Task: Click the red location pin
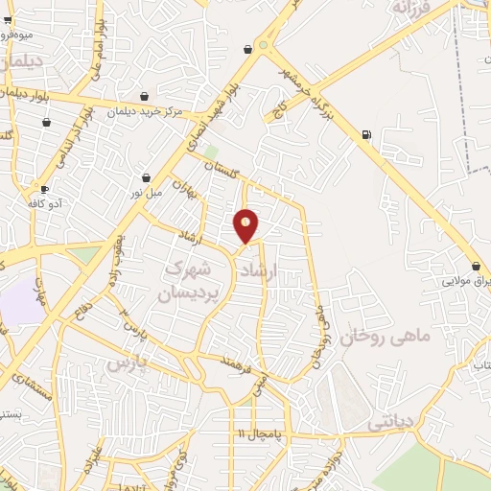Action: click(x=246, y=224)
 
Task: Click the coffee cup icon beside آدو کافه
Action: click(x=45, y=189)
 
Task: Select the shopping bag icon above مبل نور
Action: click(x=146, y=177)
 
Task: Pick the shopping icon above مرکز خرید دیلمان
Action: click(x=144, y=96)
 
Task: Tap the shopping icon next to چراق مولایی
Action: click(x=476, y=267)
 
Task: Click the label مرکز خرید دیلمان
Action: click(x=144, y=111)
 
